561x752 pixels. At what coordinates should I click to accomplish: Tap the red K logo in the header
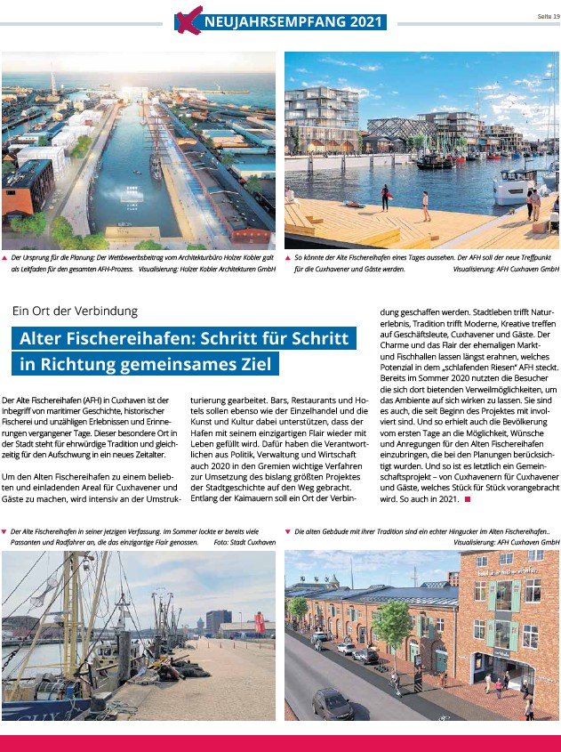click(x=186, y=19)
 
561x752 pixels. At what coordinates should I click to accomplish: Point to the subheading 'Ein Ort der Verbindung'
click(x=76, y=311)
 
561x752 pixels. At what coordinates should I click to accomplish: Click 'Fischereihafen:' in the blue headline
click(x=187, y=339)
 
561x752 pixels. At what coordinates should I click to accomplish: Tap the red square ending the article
click(x=467, y=499)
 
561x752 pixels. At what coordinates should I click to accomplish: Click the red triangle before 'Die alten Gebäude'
click(x=287, y=530)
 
